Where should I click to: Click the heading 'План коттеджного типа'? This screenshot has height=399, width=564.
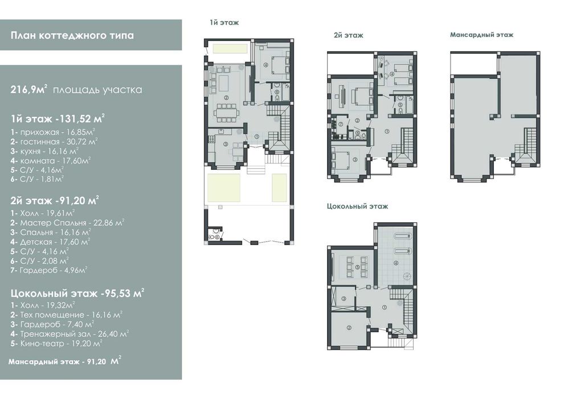[x=72, y=35]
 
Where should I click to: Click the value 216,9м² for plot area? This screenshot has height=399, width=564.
[x=29, y=89]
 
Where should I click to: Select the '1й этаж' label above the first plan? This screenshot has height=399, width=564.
[x=224, y=23]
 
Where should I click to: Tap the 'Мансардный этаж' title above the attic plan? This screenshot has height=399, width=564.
[x=481, y=35]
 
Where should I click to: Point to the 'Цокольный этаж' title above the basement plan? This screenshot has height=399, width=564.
[x=358, y=206]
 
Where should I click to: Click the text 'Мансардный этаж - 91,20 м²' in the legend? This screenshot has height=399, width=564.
[x=65, y=361]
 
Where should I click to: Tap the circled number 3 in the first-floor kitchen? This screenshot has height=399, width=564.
[x=226, y=144]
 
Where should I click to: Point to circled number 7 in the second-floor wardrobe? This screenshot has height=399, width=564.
[x=341, y=124]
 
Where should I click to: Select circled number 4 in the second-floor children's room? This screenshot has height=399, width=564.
[x=392, y=75]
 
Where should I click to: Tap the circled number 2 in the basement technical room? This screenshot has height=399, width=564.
[x=349, y=327]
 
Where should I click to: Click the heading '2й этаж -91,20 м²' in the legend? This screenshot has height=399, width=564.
[x=55, y=201]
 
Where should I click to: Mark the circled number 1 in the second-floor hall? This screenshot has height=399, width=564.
[x=387, y=131]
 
